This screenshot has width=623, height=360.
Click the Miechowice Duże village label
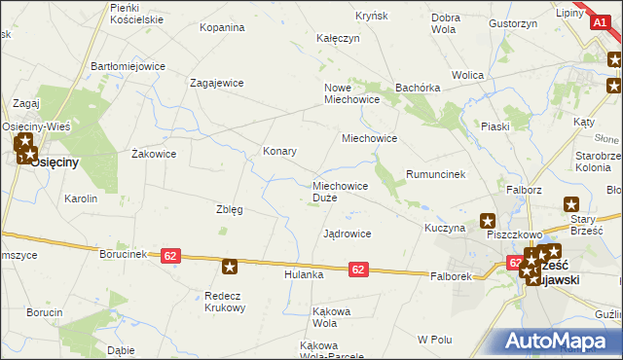click(x=340, y=191)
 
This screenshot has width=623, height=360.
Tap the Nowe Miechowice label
click(x=350, y=93)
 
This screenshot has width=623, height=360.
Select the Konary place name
click(x=279, y=152)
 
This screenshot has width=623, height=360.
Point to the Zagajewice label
click(x=216, y=84)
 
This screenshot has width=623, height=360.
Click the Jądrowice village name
click(x=347, y=234)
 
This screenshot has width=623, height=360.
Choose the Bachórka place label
click(x=420, y=88)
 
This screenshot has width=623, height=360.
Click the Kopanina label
click(x=222, y=27)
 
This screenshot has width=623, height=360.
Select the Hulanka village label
click(x=303, y=275)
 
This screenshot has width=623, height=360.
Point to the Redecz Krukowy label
click(x=224, y=301)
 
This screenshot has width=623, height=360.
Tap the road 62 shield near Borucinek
click(x=171, y=255)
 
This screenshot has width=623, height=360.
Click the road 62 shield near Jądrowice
click(x=358, y=269)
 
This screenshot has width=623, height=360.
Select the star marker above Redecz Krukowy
click(x=230, y=266)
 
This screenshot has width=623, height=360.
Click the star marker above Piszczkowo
click(x=488, y=221)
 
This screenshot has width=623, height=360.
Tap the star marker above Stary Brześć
click(x=571, y=204)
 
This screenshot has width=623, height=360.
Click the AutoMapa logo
click(x=558, y=342)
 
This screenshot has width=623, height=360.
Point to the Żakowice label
click(x=153, y=154)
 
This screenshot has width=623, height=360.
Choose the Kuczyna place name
click(x=444, y=227)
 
